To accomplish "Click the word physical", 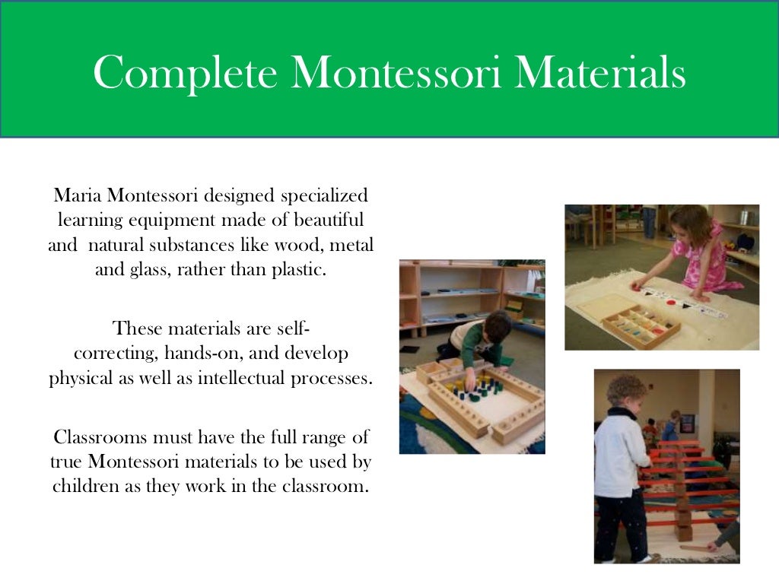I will click(78, 378).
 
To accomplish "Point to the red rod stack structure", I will click(689, 487).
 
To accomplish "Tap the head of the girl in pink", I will click(686, 221).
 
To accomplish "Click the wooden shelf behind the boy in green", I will click(456, 293).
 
